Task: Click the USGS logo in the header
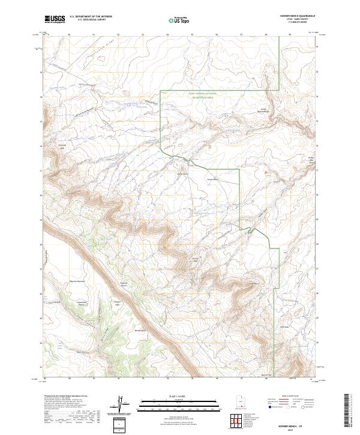[55, 19]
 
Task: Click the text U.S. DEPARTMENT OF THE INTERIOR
[91, 17]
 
